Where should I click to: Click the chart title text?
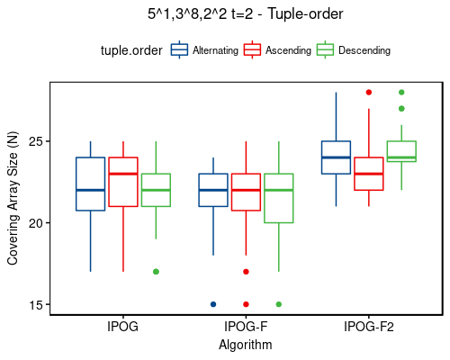pos(246,13)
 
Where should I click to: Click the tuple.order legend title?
pos(131,51)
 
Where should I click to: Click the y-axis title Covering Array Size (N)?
pos(13,199)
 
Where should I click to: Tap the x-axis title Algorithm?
pos(246,344)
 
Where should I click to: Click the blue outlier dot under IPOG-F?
pos(213,304)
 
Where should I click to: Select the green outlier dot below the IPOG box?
pos(156,272)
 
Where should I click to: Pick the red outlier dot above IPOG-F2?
pos(368,92)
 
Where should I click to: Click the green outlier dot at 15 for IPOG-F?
pos(278,304)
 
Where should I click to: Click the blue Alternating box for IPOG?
pos(90,184)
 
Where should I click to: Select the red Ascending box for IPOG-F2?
pos(368,174)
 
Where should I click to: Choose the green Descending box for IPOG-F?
pos(278,198)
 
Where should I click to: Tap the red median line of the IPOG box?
pos(123,174)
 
